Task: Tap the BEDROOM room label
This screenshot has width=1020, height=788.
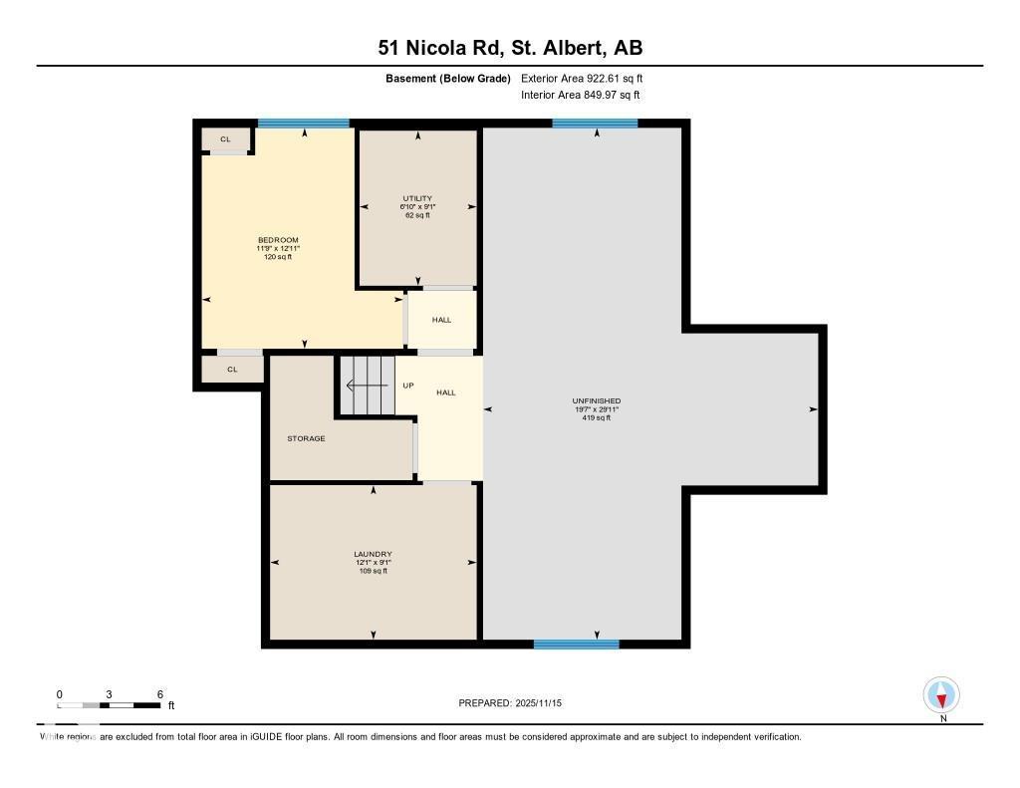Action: click(278, 240)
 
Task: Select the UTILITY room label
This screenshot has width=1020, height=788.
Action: click(417, 198)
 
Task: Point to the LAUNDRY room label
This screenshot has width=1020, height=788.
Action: click(373, 554)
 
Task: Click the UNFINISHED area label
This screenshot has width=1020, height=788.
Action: click(596, 401)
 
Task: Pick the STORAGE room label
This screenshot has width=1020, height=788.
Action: click(306, 438)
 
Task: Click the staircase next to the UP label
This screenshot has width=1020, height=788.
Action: click(367, 386)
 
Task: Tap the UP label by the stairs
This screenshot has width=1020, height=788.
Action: click(407, 386)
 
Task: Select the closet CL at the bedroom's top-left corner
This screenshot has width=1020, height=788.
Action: click(225, 139)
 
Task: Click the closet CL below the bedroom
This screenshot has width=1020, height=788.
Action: click(232, 369)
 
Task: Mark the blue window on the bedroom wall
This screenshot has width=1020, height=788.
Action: click(304, 124)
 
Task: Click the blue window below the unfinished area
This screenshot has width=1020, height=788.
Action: click(576, 645)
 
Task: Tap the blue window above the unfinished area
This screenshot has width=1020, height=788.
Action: click(595, 124)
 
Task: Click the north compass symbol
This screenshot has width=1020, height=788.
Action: click(941, 695)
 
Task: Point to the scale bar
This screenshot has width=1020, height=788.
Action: click(109, 705)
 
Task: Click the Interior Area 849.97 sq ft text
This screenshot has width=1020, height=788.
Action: click(580, 96)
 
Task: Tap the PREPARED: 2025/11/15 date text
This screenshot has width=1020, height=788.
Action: click(517, 703)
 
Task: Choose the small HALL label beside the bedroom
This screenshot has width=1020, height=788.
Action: click(441, 320)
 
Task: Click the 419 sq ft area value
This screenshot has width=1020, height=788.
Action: click(596, 418)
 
